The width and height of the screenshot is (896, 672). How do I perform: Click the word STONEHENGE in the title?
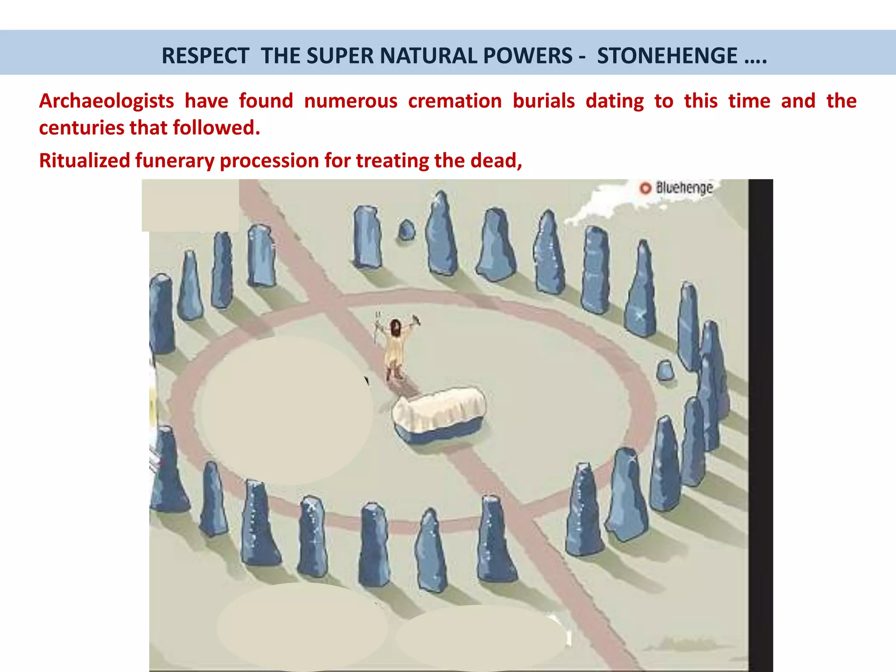click(x=667, y=56)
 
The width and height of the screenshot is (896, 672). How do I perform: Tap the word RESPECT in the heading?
click(x=205, y=56)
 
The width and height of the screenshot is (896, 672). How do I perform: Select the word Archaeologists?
click(x=106, y=101)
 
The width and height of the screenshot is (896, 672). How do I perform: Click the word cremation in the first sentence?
click(x=455, y=101)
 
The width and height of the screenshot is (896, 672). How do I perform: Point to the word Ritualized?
click(x=84, y=161)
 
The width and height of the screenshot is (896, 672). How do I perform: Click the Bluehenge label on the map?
click(x=684, y=188)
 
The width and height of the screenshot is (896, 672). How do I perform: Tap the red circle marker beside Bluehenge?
click(x=645, y=188)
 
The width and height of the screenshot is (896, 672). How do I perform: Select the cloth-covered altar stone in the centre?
click(x=439, y=413)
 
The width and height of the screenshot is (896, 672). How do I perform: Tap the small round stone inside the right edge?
click(x=665, y=370)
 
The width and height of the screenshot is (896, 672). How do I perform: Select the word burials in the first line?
click(x=543, y=101)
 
